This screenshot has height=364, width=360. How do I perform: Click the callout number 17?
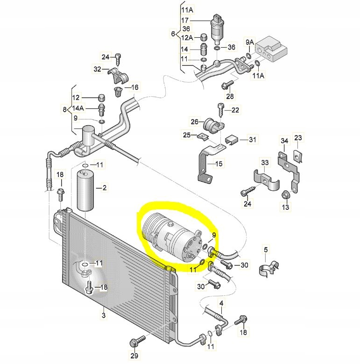(x=185, y=21)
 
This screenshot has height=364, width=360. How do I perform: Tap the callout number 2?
(x=104, y=188)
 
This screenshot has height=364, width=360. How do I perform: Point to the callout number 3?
(x=103, y=316)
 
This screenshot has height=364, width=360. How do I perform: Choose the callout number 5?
(x=266, y=250)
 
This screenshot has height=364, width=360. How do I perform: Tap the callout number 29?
(x=135, y=357)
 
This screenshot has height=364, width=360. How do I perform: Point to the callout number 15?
(x=219, y=164)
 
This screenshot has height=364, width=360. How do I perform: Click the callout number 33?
(x=265, y=163)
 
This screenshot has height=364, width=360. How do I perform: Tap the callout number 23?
(x=298, y=138)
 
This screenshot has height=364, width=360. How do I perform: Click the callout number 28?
(x=230, y=96)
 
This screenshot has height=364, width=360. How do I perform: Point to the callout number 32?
(x=97, y=69)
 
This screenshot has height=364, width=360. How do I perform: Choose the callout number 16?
(x=134, y=87)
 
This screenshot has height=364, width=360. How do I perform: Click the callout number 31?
(x=253, y=139)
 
